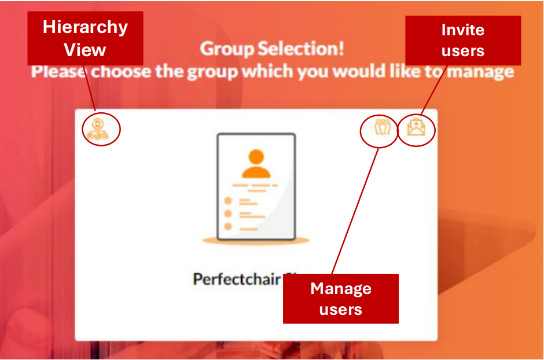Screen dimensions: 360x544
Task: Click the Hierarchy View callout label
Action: (85, 38)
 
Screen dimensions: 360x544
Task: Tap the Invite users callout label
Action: (462, 40)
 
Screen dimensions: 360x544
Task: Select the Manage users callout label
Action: (340, 299)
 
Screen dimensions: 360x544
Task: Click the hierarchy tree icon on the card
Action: (98, 128)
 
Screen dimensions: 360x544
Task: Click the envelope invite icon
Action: (416, 127)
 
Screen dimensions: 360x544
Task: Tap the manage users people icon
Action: (382, 127)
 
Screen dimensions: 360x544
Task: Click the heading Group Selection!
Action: (272, 49)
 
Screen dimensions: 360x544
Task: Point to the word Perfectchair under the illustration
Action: (237, 279)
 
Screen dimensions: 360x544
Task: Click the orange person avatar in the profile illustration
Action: (256, 164)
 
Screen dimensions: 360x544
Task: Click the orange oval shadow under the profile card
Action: (256, 240)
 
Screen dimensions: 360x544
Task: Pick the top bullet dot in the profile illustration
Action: (228, 201)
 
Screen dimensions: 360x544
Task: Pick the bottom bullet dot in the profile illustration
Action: (228, 227)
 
